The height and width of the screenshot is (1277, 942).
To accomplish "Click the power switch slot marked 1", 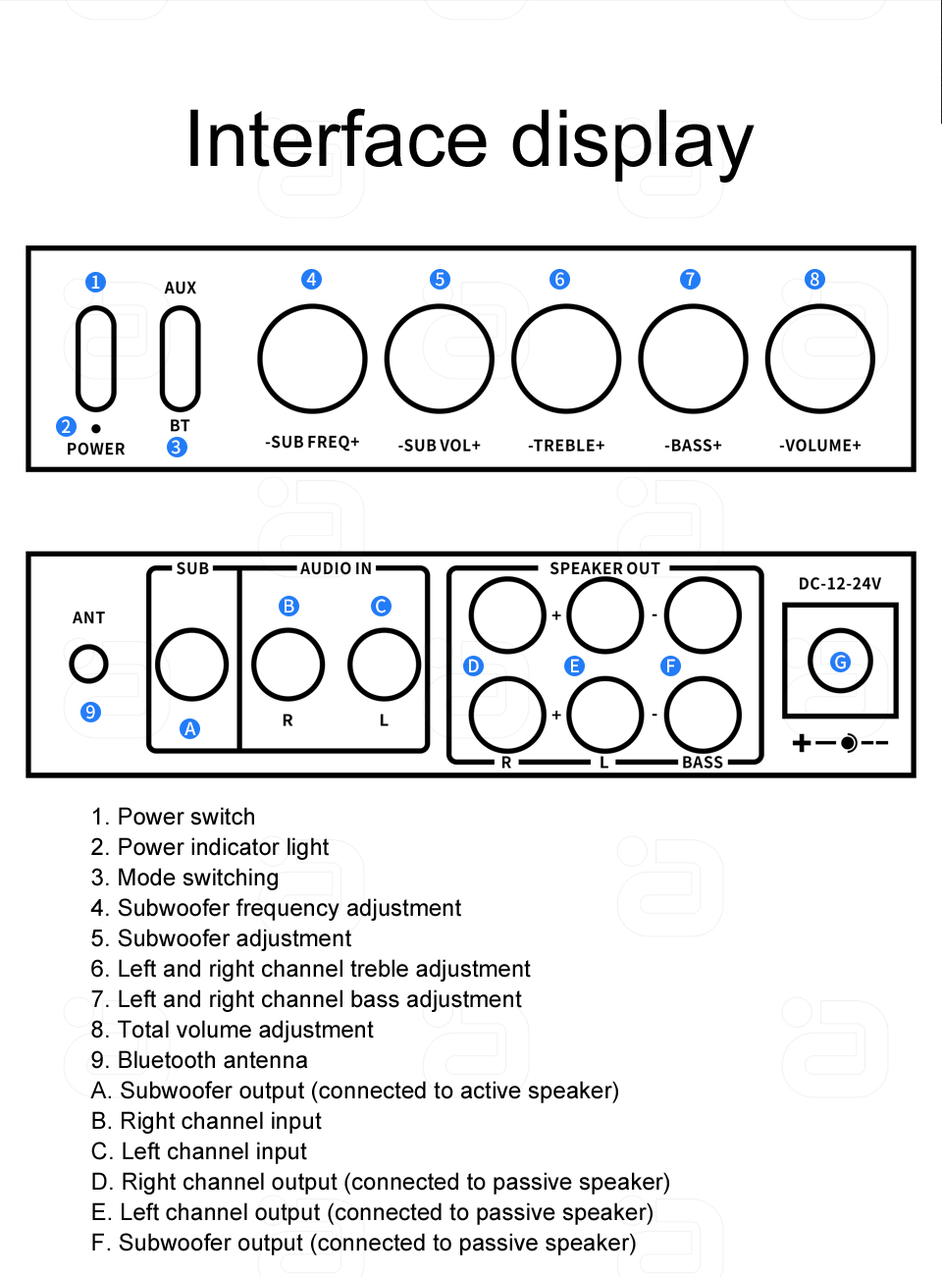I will pyautogui.click(x=96, y=358).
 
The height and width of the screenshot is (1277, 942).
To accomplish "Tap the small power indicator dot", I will pyautogui.click(x=96, y=429).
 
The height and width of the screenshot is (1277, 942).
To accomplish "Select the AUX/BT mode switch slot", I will pyautogui.click(x=180, y=358).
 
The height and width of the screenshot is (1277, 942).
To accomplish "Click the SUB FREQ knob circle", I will pyautogui.click(x=312, y=358).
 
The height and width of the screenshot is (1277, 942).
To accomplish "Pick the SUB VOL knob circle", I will pyautogui.click(x=439, y=359).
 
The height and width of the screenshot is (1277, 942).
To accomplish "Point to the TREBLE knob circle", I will pyautogui.click(x=566, y=359).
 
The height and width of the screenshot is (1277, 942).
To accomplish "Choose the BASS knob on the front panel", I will pyautogui.click(x=693, y=359).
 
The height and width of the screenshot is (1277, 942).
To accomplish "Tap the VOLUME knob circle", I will pyautogui.click(x=819, y=359).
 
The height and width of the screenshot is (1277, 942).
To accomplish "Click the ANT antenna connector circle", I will pyautogui.click(x=88, y=664).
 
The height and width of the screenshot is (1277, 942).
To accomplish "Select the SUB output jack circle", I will pyautogui.click(x=191, y=665).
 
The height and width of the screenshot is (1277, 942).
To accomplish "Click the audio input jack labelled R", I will pyautogui.click(x=288, y=665).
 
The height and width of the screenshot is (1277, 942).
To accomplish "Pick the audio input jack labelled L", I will pyautogui.click(x=384, y=665).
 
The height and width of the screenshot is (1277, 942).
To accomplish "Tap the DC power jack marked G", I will pyautogui.click(x=840, y=662).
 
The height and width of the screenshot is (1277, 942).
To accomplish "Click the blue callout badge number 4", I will pyautogui.click(x=311, y=280).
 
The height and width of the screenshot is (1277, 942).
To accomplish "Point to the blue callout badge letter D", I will pyautogui.click(x=473, y=666).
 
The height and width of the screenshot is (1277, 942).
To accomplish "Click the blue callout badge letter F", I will pyautogui.click(x=670, y=666).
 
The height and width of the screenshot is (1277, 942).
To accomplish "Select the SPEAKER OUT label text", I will pyautogui.click(x=604, y=568).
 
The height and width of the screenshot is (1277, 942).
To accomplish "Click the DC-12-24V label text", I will pyautogui.click(x=840, y=584).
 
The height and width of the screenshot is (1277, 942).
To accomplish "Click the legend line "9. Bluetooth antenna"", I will pyautogui.click(x=199, y=1060).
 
